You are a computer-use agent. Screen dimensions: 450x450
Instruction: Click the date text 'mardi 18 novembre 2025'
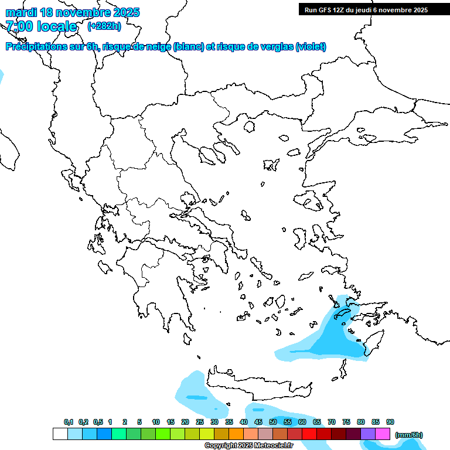click(x=73, y=12)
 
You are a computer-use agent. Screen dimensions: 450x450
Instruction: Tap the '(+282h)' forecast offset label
click(x=104, y=26)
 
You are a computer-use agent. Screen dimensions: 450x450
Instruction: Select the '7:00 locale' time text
click(x=41, y=26)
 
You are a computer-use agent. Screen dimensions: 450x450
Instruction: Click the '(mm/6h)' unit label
click(x=409, y=435)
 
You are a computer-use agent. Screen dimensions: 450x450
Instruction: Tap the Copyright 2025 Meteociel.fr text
click(x=248, y=446)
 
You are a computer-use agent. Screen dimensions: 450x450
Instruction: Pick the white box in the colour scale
click(x=60, y=434)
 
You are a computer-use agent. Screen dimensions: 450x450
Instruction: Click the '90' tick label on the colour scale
click(x=390, y=422)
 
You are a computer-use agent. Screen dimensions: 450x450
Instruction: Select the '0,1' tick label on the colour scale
click(x=69, y=422)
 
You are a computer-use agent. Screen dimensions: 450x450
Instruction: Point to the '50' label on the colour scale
click(x=273, y=422)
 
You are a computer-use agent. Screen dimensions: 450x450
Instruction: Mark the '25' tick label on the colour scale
click(x=200, y=422)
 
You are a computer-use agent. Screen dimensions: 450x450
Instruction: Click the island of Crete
click(x=258, y=381)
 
